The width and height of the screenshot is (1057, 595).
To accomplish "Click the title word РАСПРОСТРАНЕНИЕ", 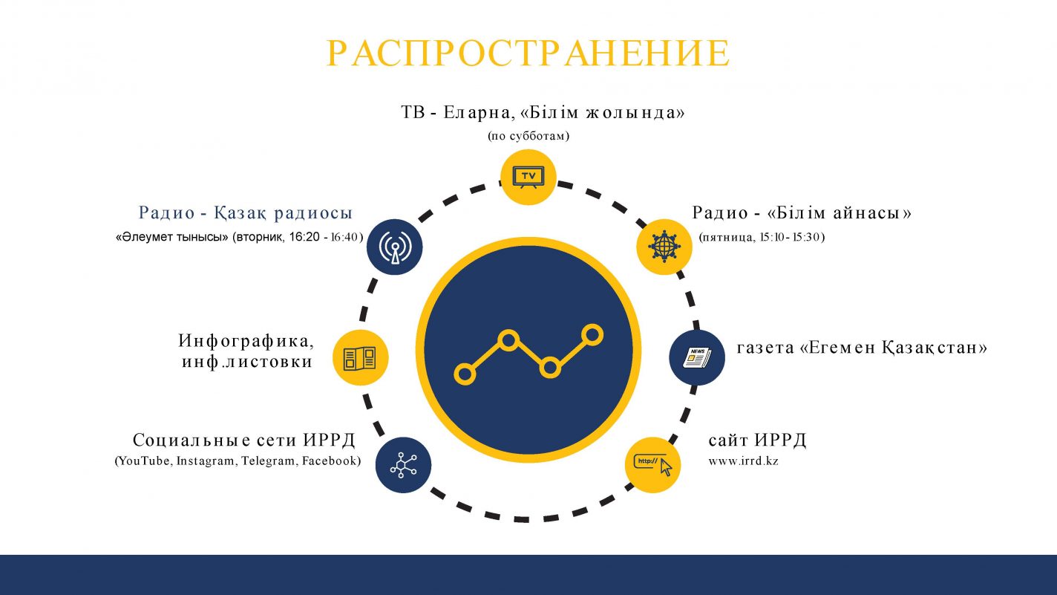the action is (528, 53).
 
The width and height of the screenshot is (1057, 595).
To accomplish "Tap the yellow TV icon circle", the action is (528, 177).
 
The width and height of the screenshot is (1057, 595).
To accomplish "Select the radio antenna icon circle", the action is (394, 247).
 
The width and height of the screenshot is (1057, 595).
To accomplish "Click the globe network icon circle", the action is (664, 247).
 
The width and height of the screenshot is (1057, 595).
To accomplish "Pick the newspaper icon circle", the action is (697, 357).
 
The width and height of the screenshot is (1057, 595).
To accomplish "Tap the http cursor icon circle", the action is (652, 465).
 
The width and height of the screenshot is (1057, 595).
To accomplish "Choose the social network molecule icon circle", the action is (404, 465).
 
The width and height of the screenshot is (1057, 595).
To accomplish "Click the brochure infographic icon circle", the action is (361, 357).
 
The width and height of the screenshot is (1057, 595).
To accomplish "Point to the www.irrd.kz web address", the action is (743, 461).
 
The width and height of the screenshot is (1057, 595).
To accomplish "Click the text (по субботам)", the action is (528, 136).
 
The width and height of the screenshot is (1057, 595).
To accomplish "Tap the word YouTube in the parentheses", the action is (145, 461).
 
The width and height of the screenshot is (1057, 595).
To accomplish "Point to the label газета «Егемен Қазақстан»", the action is (862, 348).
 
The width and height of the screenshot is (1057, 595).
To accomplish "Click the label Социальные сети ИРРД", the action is (243, 440).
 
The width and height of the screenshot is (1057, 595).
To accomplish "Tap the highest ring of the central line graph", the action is (592, 335).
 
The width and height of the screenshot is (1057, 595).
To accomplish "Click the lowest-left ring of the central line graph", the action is (465, 374).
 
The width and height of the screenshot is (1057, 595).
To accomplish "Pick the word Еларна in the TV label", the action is (477, 113).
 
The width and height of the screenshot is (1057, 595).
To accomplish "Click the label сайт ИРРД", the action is (757, 440).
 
